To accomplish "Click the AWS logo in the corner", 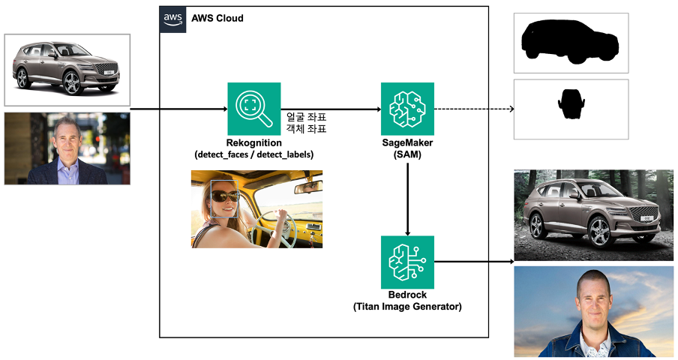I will point(172,19).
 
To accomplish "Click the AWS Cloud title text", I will point(217,18).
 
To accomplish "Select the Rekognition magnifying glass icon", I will point(253,109).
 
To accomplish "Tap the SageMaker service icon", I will point(407,109).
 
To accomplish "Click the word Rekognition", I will point(253,143).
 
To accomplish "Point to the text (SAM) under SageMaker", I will point(407,154).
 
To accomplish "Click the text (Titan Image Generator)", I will point(407,306).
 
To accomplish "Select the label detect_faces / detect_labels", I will point(253,154).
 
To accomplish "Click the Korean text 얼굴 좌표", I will point(306,117).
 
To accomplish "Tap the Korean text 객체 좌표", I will point(306,129).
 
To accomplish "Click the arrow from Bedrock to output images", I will point(472,262).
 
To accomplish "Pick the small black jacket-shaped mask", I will point(571,104).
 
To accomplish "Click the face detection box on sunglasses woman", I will point(224,199).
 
